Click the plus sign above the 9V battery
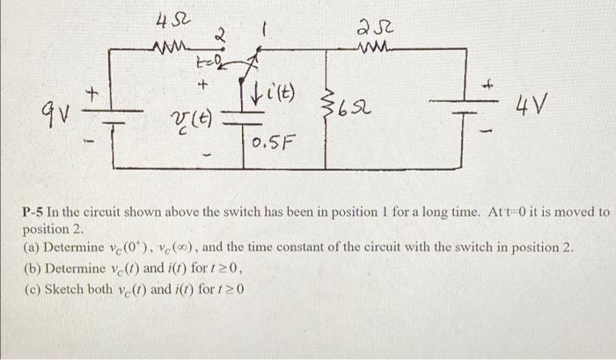(91, 91)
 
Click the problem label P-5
(32, 213)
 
